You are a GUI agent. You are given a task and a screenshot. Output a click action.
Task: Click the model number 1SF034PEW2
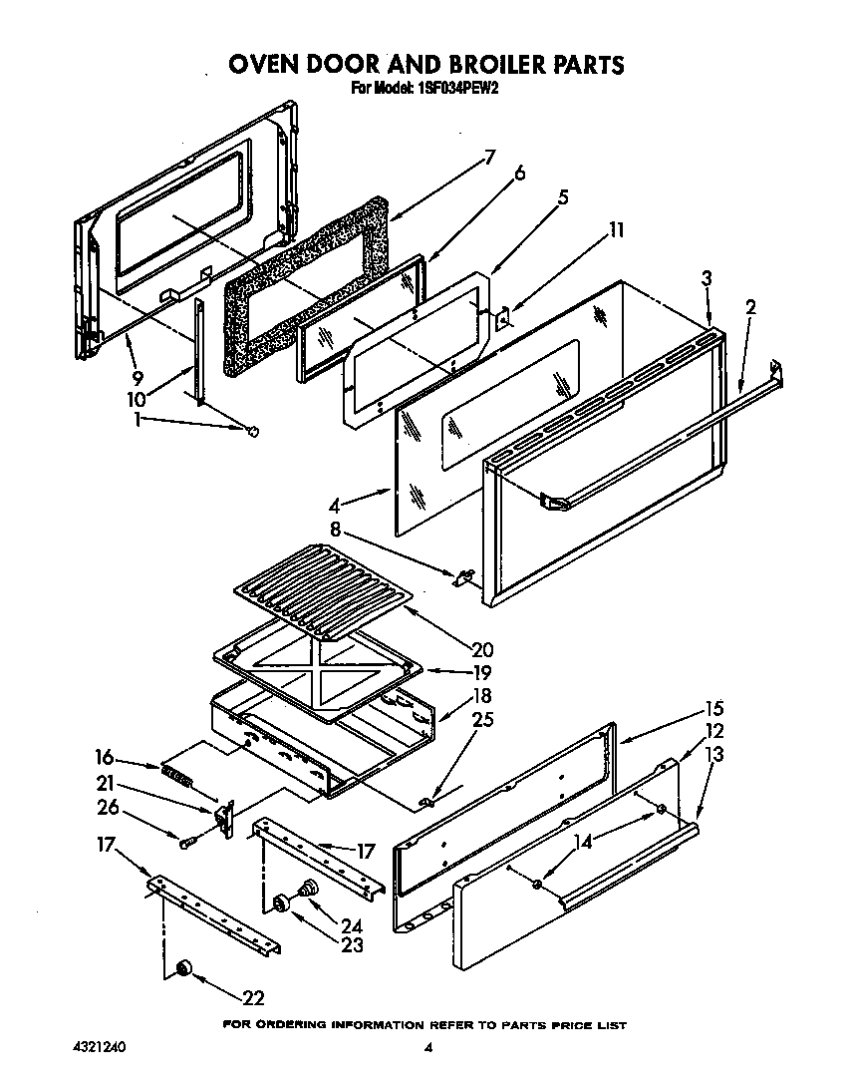[x=456, y=88]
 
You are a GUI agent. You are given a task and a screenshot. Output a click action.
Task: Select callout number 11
[x=617, y=230]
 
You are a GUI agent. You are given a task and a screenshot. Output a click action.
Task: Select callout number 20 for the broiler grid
[x=483, y=650]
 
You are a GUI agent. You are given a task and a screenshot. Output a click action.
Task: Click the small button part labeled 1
[x=252, y=430]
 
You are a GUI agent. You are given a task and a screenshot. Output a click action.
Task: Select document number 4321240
[x=99, y=1048]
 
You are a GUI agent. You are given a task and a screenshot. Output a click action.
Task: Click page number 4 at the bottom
[x=427, y=1047]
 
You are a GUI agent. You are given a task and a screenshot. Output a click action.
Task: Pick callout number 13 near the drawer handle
[x=713, y=755]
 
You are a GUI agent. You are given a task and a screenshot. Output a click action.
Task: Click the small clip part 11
[x=504, y=318]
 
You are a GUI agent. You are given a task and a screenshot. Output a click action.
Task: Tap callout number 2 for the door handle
[x=750, y=307]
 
